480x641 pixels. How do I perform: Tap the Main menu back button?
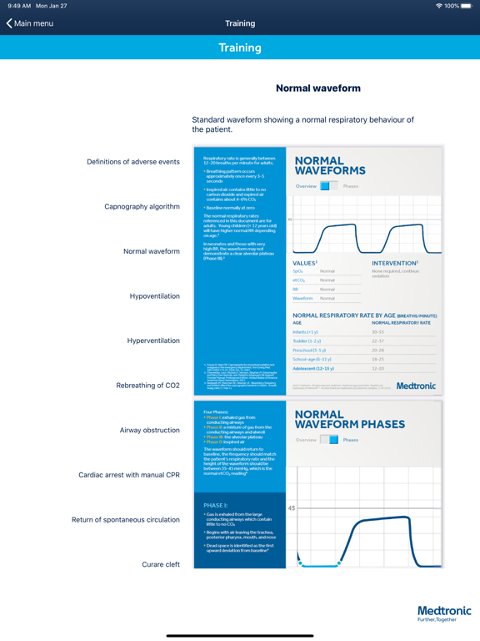pos(30,23)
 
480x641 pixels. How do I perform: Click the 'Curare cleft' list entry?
pos(161,564)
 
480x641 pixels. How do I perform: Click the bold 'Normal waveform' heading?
pos(317,88)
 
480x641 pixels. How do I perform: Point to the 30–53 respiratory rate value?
pos(378,332)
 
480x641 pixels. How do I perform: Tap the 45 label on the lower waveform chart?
pos(292,508)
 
